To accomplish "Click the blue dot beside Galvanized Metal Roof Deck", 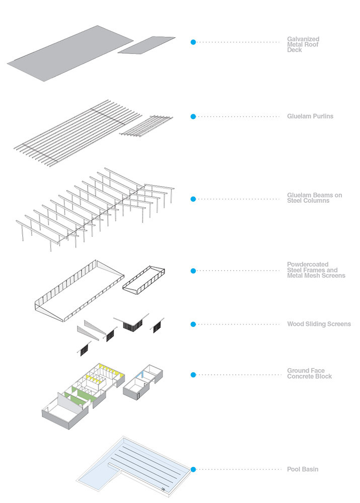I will [x=193, y=42].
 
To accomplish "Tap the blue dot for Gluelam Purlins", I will [x=193, y=117].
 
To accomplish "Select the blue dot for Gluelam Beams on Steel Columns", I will [x=193, y=199].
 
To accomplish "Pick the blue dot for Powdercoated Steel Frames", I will [x=193, y=271].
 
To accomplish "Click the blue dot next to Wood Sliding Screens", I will [x=193, y=324].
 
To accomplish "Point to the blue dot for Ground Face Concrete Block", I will [x=193, y=375].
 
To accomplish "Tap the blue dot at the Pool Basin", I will [x=193, y=470].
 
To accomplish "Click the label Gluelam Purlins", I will [x=310, y=117].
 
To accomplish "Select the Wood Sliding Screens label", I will [x=319, y=324].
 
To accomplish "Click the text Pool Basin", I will [x=302, y=470].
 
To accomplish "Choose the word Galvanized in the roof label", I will [x=303, y=39].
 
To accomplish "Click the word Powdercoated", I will [x=308, y=265].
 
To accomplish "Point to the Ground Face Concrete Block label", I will [x=309, y=374].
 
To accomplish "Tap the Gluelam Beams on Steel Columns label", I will [x=314, y=198].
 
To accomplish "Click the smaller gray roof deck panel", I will [x=147, y=45].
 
